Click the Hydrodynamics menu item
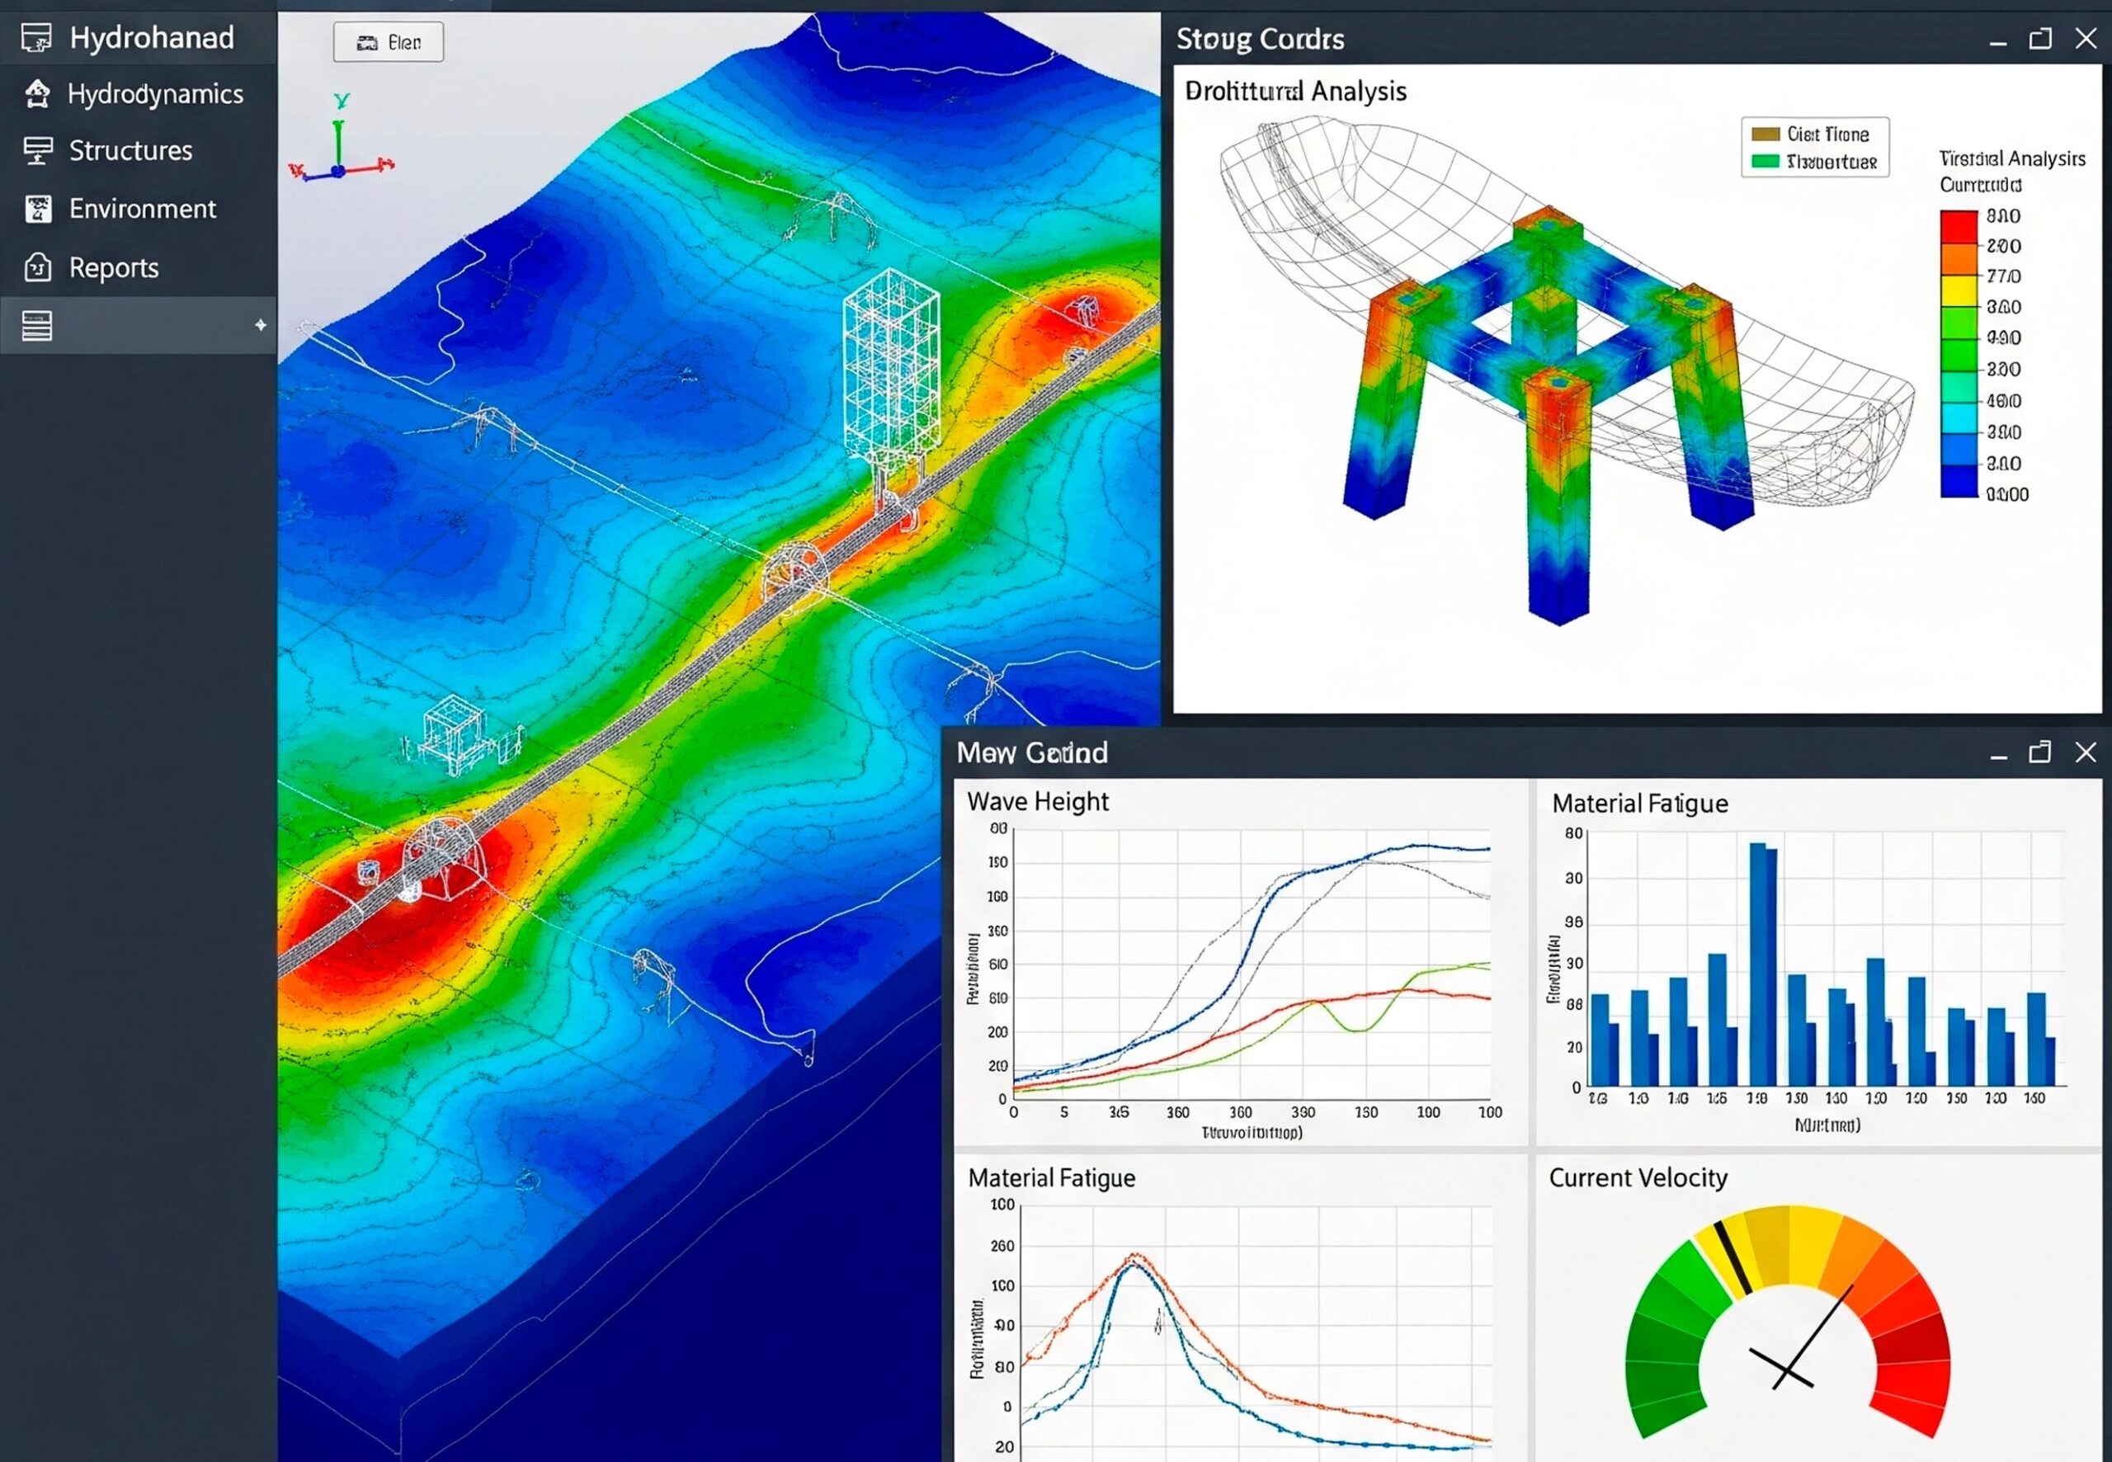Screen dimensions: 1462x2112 [155, 94]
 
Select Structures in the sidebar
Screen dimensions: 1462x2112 [130, 151]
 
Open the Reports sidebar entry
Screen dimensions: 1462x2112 [114, 267]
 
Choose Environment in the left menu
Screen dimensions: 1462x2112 [142, 209]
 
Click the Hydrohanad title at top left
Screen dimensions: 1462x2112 [151, 38]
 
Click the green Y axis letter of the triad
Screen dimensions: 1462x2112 [342, 100]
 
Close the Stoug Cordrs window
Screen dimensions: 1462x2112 [2086, 39]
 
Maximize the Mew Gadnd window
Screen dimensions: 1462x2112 [2039, 752]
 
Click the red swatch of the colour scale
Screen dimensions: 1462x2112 [1958, 226]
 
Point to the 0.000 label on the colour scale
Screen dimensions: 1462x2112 [2006, 495]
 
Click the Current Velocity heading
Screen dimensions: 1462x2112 [1638, 1178]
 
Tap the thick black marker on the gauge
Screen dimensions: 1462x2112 [1732, 1257]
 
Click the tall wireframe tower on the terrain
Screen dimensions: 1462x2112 [890, 366]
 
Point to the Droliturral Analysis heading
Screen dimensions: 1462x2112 [1295, 92]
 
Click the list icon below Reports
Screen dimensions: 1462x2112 [36, 325]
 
